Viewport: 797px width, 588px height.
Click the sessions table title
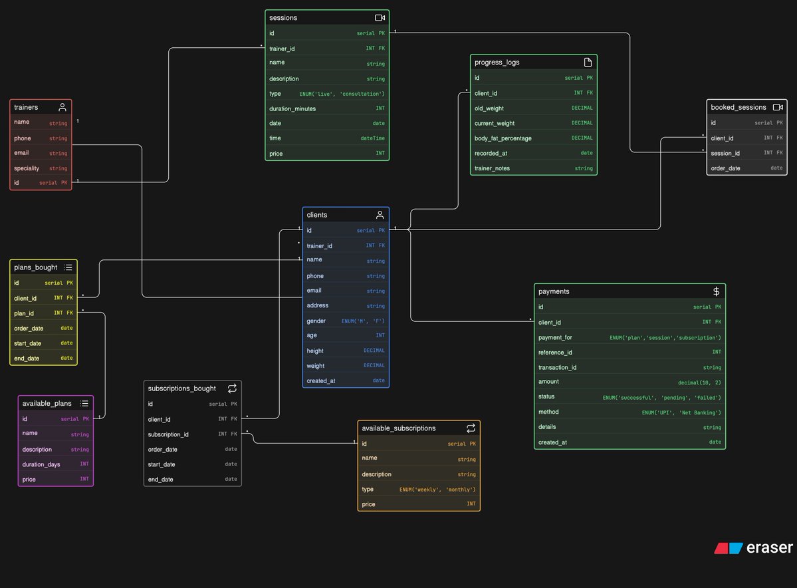283,17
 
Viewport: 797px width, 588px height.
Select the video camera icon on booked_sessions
778,107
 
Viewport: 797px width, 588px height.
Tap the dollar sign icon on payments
716,291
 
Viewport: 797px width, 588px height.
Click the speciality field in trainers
27,168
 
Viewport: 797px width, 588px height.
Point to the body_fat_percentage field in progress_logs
503,138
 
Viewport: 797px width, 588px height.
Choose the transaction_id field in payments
557,367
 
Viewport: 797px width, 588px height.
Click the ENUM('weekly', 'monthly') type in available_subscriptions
437,490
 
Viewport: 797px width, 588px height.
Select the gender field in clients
316,321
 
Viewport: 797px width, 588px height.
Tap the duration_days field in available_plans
41,464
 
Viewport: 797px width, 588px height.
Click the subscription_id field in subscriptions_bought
168,434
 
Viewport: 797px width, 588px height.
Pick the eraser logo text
770,548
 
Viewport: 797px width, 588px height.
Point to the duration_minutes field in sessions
292,108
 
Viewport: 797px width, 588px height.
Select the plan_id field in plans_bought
24,313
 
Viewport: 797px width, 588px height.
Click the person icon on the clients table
380,215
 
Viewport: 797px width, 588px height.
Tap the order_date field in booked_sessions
725,168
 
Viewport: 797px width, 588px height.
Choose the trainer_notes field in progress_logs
492,168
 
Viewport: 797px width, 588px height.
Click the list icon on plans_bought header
68,267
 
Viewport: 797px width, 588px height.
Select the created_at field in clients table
320,380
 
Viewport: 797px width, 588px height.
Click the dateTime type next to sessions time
372,138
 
